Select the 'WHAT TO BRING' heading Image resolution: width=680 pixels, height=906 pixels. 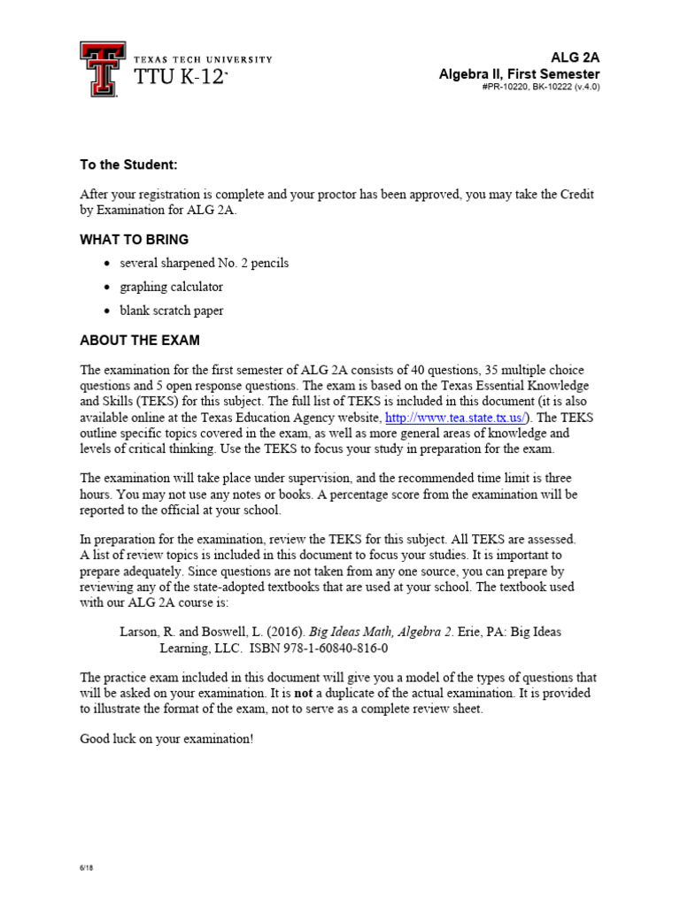pos(135,240)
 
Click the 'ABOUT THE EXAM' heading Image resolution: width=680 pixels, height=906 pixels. pos(140,340)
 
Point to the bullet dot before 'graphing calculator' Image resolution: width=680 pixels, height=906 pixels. pos(108,288)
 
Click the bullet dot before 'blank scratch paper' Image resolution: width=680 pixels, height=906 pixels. pos(108,311)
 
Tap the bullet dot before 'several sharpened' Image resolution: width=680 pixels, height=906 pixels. pos(108,264)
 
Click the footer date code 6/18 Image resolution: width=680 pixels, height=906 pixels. pos(86,868)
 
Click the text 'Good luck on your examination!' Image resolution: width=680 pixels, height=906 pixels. pos(166,739)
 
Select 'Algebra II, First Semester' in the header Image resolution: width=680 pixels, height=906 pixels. pos(519,73)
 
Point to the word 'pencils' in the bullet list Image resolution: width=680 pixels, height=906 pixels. pos(269,264)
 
